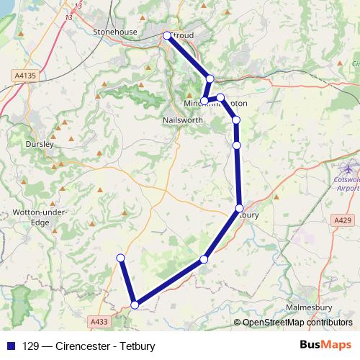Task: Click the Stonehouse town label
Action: [115, 32]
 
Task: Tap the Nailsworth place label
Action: [184, 120]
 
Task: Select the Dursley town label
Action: [40, 144]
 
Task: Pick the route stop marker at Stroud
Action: [167, 35]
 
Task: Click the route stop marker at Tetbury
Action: [240, 208]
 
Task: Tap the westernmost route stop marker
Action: [120, 258]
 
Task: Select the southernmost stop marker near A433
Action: [135, 305]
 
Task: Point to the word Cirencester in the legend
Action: [81, 346]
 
